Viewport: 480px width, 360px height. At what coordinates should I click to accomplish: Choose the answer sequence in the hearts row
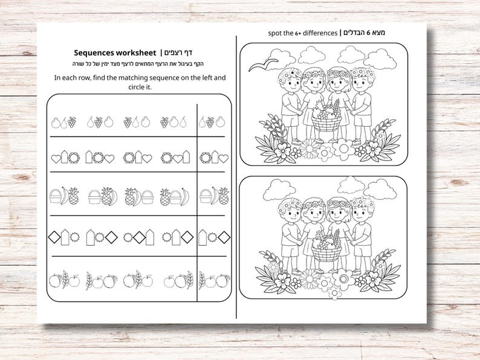214,158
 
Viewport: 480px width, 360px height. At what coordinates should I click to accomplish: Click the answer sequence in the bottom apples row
214,280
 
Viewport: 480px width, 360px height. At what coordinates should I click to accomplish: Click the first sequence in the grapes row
64,122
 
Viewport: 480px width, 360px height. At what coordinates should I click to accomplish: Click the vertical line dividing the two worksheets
236,181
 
